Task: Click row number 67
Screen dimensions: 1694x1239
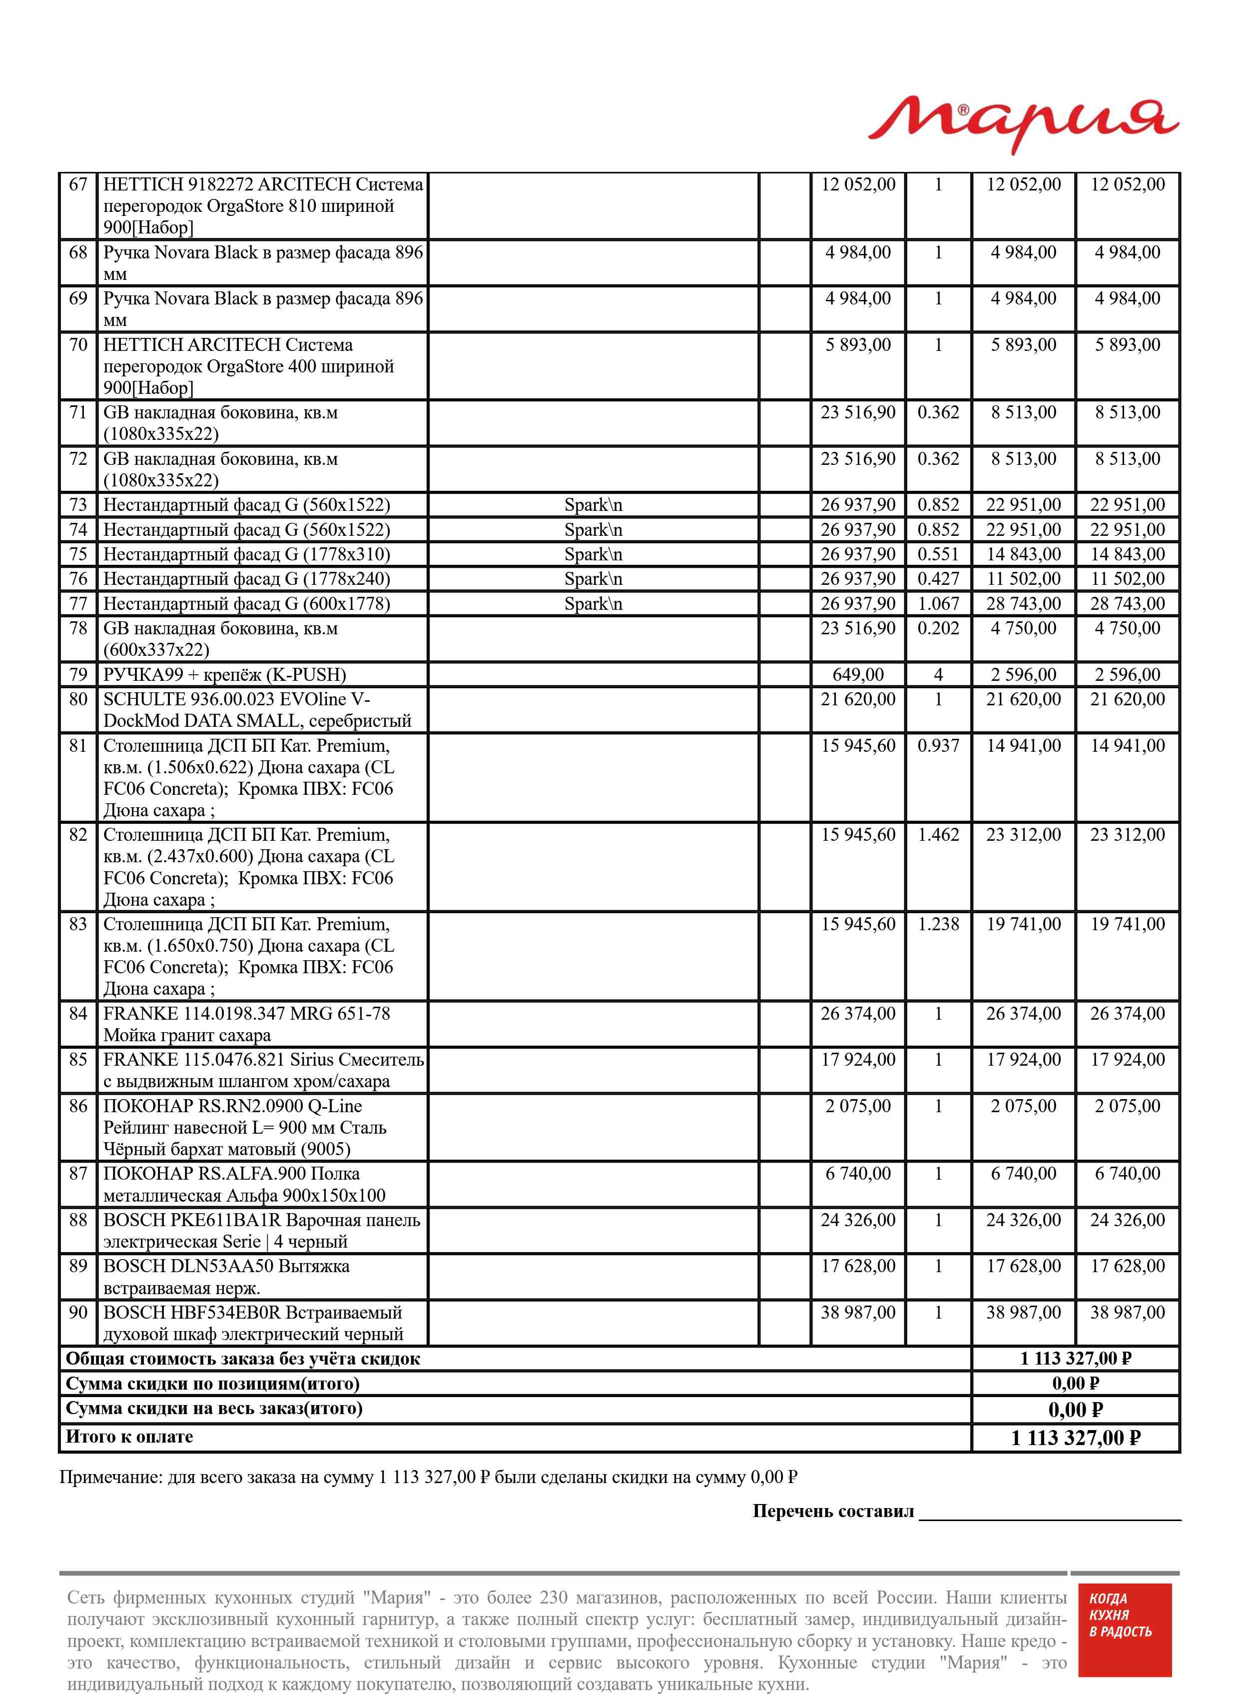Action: (x=78, y=184)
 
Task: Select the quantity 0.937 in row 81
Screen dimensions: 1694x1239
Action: (x=938, y=746)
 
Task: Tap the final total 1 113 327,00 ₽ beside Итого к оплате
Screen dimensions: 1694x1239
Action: (x=1076, y=1438)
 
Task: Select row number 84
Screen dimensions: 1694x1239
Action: (x=78, y=1014)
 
